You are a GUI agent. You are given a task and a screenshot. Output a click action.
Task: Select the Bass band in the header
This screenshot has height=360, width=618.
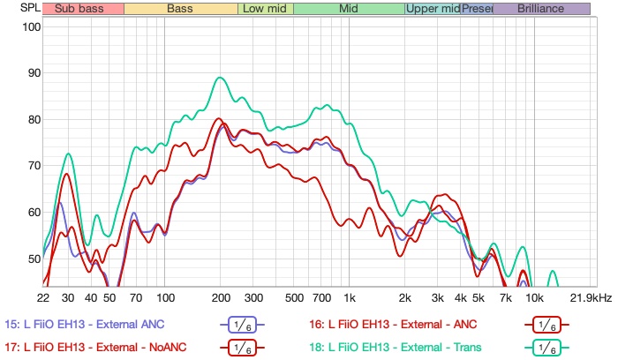[180, 9]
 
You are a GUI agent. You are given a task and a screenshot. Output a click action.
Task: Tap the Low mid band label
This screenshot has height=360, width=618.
[264, 9]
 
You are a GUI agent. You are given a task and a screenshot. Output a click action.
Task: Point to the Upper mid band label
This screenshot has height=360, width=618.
[433, 9]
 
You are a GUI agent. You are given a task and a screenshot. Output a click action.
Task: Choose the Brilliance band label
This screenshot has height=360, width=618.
[541, 9]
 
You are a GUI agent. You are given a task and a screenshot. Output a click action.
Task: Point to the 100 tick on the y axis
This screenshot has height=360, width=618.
[32, 26]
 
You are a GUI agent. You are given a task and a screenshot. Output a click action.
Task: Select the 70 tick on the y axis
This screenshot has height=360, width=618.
[34, 166]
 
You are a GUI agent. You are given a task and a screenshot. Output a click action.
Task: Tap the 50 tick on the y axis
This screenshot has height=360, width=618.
[34, 259]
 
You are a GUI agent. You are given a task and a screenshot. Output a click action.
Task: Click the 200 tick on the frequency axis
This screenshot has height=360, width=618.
[221, 297]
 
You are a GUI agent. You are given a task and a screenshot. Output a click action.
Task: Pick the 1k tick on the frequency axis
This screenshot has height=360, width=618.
[350, 297]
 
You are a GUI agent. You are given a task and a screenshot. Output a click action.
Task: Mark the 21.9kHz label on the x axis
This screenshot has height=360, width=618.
[591, 297]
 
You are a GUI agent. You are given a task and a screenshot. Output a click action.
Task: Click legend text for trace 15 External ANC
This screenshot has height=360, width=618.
[85, 323]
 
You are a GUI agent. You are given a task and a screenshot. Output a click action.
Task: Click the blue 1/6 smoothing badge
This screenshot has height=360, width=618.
[241, 324]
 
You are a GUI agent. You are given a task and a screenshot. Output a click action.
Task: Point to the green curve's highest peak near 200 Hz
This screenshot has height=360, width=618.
[220, 78]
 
